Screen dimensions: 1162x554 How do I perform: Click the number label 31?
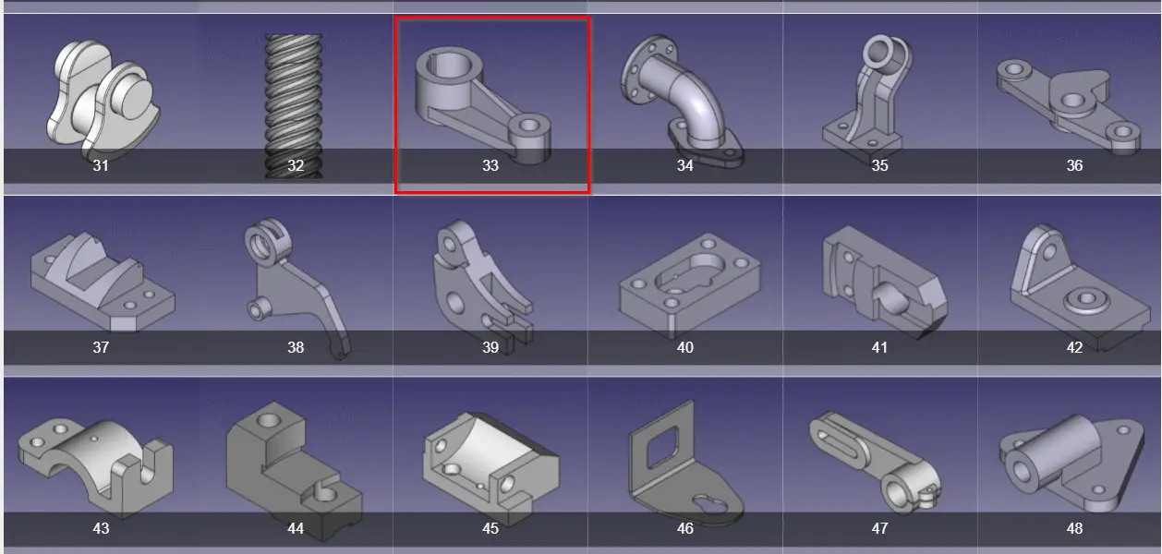tap(101, 165)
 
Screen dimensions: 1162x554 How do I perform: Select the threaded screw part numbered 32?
tap(294, 106)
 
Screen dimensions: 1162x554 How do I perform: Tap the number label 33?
tap(490, 165)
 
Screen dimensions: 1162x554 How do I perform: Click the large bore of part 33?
tap(449, 67)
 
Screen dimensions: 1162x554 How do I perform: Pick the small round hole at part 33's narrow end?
tap(528, 125)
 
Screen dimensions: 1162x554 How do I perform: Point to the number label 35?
tap(879, 165)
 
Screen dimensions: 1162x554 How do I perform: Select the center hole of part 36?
tap(1072, 100)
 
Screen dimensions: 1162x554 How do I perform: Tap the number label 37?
tap(101, 347)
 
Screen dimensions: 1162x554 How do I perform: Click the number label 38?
tap(296, 347)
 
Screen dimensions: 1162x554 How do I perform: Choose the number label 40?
tap(684, 347)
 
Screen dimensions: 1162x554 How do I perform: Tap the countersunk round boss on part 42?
tap(1085, 299)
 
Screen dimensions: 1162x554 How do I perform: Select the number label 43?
tap(101, 528)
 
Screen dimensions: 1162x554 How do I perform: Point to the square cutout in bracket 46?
tap(662, 446)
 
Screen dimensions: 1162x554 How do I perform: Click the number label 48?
tap(1074, 528)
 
